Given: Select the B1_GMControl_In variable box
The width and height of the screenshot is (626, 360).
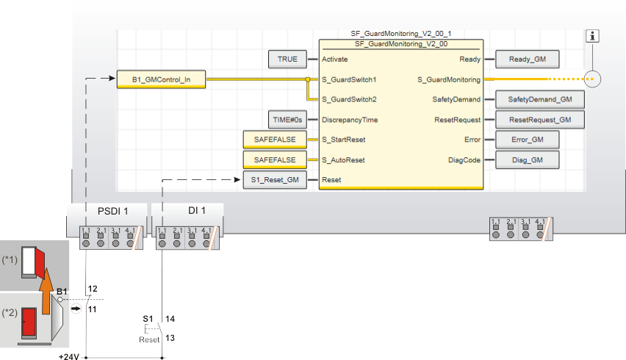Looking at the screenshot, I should (161, 79).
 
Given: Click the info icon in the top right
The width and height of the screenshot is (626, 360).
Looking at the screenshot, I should (594, 36).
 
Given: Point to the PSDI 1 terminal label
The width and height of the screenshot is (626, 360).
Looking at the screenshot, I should (112, 212).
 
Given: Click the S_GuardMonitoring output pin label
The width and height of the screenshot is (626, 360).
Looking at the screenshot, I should (448, 79).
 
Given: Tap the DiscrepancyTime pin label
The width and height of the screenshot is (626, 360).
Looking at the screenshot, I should (350, 119).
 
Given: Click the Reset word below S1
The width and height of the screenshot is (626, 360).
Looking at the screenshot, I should (149, 339).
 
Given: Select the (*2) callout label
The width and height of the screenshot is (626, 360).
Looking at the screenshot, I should (10, 312).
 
